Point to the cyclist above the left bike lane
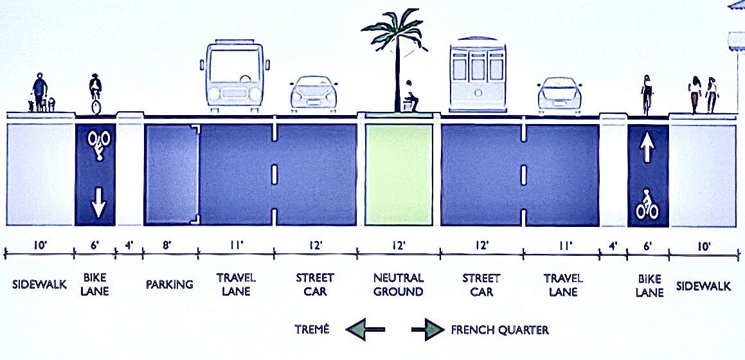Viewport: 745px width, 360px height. point(96,94)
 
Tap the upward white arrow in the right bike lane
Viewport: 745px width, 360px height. point(647,148)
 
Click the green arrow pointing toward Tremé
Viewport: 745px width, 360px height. point(366,330)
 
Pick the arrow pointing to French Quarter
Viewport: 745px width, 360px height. point(427,330)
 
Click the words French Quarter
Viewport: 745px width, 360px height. point(500,330)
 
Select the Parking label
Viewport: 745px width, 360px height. point(170,284)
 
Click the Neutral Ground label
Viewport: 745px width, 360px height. point(399,285)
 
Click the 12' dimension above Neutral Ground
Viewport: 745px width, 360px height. point(399,246)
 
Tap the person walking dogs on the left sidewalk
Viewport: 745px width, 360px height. point(40,93)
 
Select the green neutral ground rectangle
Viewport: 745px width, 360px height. point(399,174)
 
